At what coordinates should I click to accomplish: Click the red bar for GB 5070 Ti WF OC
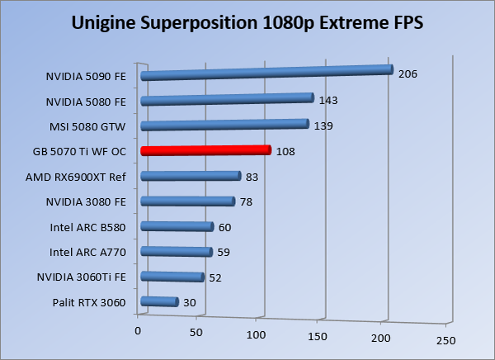point(205,151)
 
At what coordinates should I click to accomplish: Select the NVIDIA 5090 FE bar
point(266,73)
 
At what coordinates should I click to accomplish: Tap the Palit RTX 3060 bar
point(160,302)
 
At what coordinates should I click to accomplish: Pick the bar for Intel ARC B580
point(177,227)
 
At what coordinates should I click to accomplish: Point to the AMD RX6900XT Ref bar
point(191,176)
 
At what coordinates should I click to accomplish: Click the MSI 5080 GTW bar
point(224,125)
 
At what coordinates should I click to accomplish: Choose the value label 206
point(408,74)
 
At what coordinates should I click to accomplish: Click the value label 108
point(285,152)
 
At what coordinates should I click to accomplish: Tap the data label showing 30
point(189,303)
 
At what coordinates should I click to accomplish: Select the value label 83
point(253,177)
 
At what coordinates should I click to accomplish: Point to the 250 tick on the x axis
point(445,340)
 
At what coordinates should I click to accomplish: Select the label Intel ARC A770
point(87,252)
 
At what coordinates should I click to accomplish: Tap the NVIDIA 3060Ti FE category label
point(82,277)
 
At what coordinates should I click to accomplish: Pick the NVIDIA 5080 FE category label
point(87,102)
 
